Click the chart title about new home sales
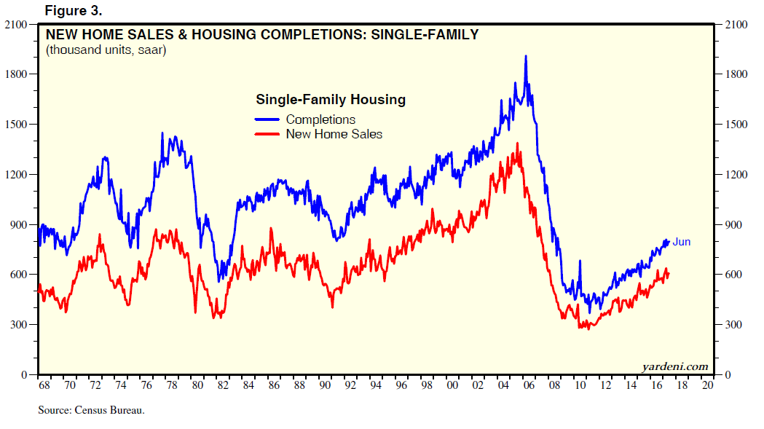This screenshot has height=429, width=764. click(x=262, y=34)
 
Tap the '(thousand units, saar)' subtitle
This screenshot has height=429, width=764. click(x=106, y=50)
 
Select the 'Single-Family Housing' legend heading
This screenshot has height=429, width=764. click(x=330, y=100)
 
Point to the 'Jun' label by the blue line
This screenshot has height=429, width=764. click(x=681, y=242)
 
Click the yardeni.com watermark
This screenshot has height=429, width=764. click(x=674, y=365)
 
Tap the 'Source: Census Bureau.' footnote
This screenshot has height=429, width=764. click(x=92, y=411)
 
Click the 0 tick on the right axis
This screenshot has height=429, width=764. click(x=728, y=374)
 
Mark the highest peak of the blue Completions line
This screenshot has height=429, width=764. click(x=526, y=56)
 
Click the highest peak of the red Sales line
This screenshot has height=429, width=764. click(x=518, y=143)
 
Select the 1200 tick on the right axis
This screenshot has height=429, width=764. click(x=736, y=174)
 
